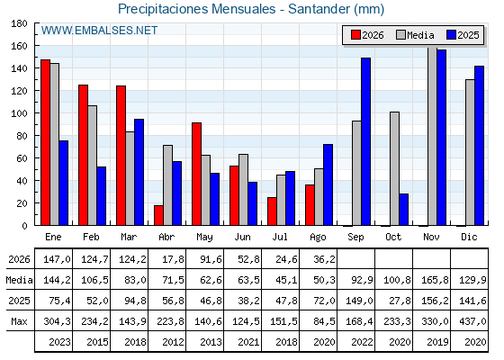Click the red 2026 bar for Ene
click(45, 142)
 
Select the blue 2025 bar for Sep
click(365, 141)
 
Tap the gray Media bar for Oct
click(395, 169)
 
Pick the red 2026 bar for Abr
click(158, 215)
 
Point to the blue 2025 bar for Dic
click(479, 146)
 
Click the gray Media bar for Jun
click(243, 190)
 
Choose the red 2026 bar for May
click(197, 174)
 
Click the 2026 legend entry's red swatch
click(355, 35)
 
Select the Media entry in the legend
click(415, 35)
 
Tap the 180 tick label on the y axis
click(19, 23)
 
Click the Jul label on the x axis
click(280, 237)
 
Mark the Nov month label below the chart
click(431, 237)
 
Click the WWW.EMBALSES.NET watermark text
click(99, 31)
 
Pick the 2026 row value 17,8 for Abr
click(173, 259)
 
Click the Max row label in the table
click(19, 321)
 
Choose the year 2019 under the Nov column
click(437, 342)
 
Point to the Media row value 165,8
click(435, 280)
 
